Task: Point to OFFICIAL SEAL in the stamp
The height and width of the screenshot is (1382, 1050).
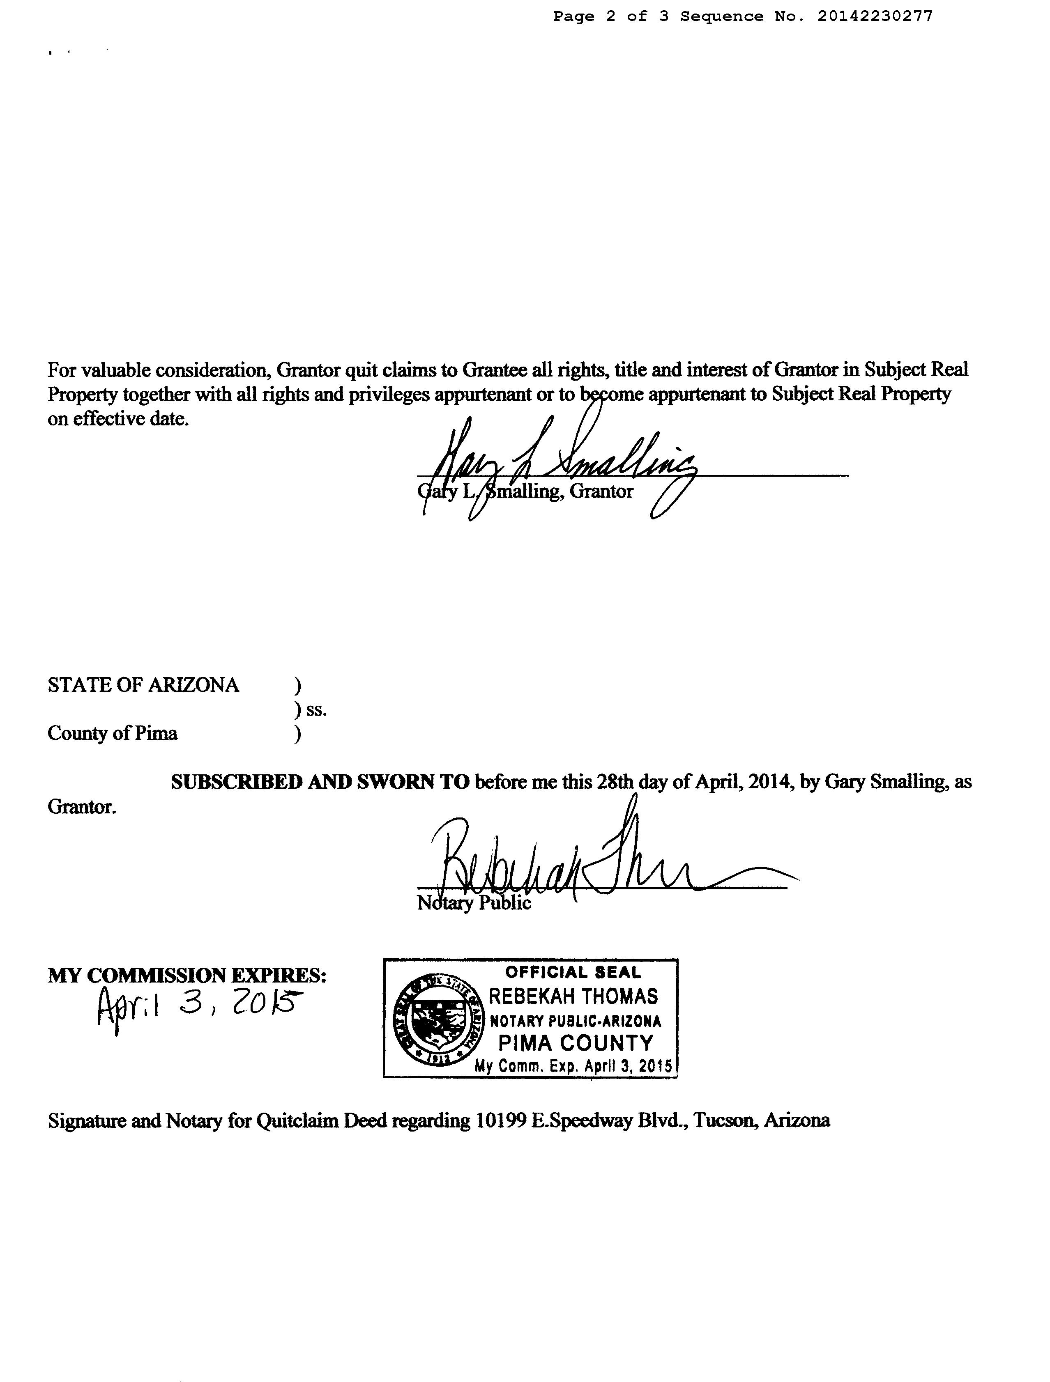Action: (573, 972)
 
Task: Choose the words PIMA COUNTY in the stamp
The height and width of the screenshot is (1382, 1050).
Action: (576, 1043)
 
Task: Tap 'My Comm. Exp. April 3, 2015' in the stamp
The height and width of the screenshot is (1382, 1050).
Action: (573, 1066)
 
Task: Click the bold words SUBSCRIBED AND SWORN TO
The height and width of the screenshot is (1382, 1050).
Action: (320, 782)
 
